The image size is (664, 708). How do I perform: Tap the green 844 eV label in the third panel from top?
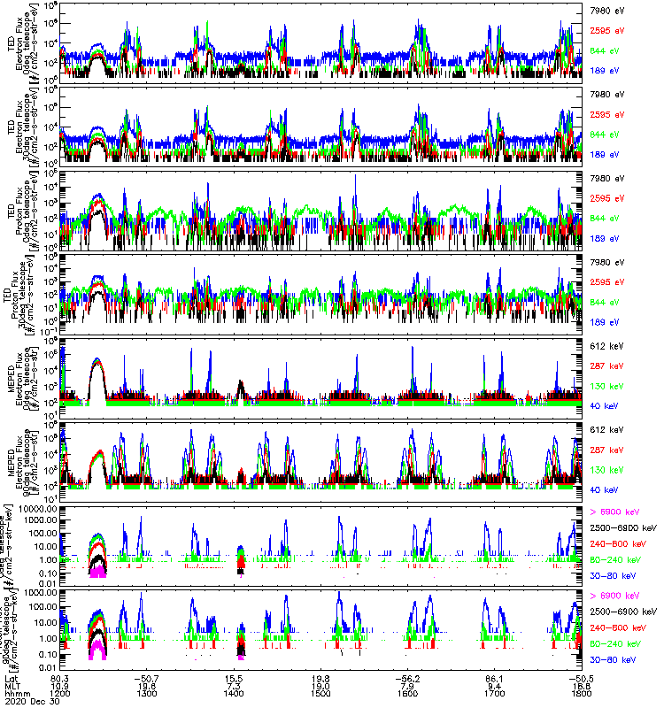click(607, 218)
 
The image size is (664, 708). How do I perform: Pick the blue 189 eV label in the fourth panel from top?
click(607, 322)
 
